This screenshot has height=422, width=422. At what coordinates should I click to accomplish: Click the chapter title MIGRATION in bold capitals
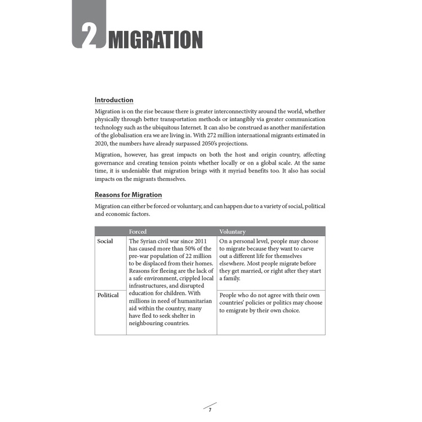[155, 40]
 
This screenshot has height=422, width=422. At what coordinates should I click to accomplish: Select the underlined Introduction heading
[114, 100]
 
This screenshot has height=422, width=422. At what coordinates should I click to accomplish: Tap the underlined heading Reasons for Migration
[128, 195]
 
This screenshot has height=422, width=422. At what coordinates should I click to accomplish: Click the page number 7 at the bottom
[210, 409]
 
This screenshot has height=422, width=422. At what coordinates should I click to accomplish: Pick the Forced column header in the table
[138, 232]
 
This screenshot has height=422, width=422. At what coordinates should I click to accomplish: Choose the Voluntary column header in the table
[232, 232]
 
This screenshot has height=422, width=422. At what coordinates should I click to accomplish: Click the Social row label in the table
[105, 241]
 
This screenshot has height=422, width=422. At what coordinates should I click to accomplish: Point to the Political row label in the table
[108, 295]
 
